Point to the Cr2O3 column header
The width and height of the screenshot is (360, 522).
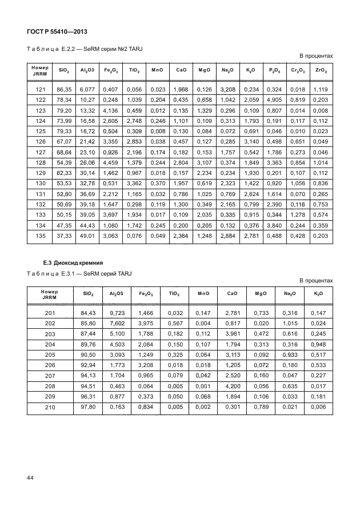click(297, 71)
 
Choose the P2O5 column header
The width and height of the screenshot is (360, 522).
click(274, 71)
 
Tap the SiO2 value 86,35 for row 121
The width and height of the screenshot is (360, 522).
click(64, 90)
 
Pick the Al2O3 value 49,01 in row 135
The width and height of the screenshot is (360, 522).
click(87, 236)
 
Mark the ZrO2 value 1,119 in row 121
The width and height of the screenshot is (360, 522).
click(320, 90)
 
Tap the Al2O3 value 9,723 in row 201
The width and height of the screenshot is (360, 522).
click(117, 313)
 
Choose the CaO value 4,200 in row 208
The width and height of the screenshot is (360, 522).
click(231, 386)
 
